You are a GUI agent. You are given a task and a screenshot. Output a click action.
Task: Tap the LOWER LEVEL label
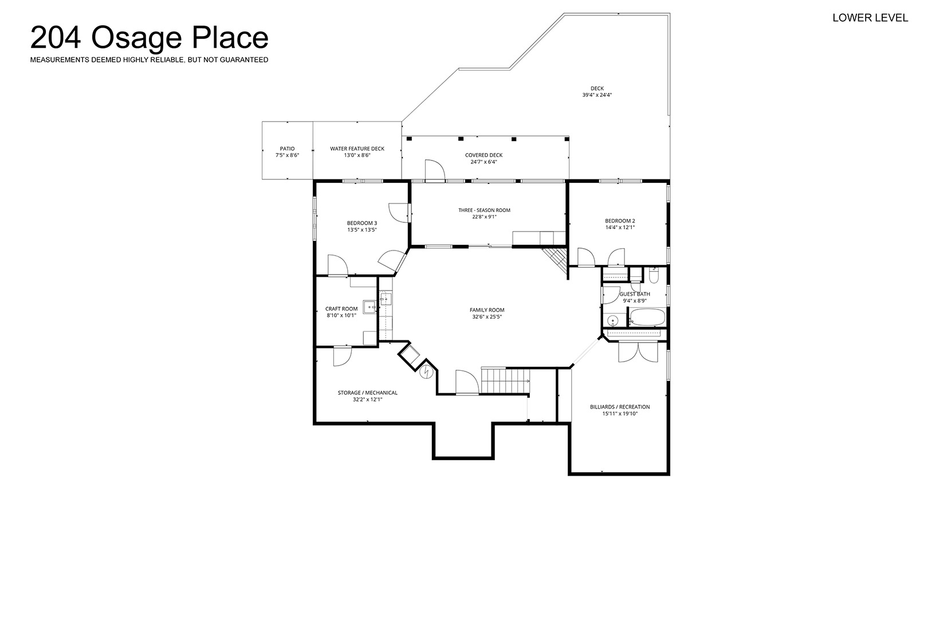tap(870, 18)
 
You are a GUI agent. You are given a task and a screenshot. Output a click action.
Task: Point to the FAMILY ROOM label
tap(487, 309)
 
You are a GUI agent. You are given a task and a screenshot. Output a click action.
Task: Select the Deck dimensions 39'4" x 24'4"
tap(597, 95)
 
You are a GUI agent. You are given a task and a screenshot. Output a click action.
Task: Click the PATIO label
tap(287, 148)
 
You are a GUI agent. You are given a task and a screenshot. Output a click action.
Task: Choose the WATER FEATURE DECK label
tap(357, 148)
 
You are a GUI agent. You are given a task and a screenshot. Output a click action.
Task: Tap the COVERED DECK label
tap(483, 155)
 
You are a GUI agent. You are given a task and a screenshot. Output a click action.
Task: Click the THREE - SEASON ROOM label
tap(484, 210)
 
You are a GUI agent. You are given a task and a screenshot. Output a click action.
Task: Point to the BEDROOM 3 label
tap(362, 223)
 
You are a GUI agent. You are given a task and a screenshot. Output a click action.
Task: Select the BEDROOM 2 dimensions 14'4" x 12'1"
tap(620, 227)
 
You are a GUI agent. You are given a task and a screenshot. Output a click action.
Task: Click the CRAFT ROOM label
tap(341, 308)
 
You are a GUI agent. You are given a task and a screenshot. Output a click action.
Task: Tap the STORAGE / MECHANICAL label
tap(367, 393)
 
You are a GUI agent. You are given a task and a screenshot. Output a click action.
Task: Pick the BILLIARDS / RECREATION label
tap(620, 407)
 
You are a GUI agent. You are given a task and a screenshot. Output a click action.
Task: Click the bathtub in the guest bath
tap(647, 318)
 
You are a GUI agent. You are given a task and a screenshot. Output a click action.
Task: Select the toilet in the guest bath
tap(654, 275)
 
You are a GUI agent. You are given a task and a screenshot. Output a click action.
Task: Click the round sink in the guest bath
tap(613, 320)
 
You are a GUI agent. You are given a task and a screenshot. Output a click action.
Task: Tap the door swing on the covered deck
tap(435, 170)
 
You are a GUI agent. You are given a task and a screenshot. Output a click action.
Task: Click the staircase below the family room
tap(505, 381)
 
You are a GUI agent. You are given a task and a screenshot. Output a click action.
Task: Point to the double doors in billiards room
tap(638, 352)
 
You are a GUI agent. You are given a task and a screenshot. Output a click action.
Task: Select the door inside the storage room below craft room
tap(343, 356)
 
